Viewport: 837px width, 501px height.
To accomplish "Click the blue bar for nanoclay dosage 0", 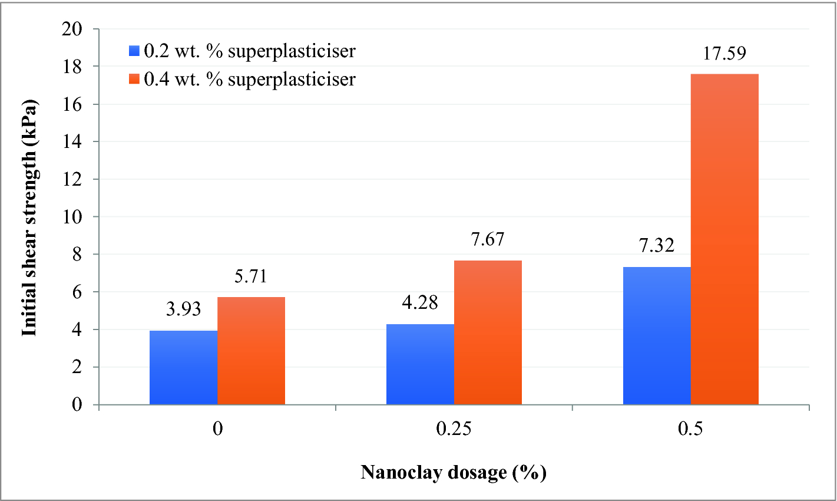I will click(x=183, y=367).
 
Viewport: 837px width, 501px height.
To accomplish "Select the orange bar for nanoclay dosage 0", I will click(x=251, y=351).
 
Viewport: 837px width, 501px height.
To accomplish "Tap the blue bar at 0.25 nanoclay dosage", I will click(x=420, y=364).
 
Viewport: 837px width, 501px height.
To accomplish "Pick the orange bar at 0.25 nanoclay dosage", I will click(x=488, y=332).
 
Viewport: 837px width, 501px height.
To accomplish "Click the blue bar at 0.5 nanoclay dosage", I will click(x=657, y=335).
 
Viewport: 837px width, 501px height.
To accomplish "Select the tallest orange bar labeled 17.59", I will click(x=724, y=239).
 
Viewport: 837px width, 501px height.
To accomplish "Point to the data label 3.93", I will click(x=183, y=308).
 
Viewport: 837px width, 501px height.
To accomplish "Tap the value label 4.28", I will click(x=420, y=302).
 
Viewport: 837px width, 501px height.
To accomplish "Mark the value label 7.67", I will click(x=488, y=239).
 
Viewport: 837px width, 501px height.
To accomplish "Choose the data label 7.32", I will click(x=657, y=245).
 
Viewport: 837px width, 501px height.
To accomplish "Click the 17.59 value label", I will click(x=724, y=53).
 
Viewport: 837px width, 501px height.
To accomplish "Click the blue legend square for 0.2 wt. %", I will click(x=134, y=51).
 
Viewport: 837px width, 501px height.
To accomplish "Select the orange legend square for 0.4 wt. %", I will click(x=134, y=78).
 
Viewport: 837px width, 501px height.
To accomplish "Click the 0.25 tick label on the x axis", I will click(x=454, y=429).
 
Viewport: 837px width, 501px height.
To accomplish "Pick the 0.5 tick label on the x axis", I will click(x=690, y=429).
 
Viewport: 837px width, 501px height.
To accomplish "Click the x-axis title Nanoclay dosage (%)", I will click(x=454, y=472).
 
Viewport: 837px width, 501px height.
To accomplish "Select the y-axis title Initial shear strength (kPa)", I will click(x=29, y=217).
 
